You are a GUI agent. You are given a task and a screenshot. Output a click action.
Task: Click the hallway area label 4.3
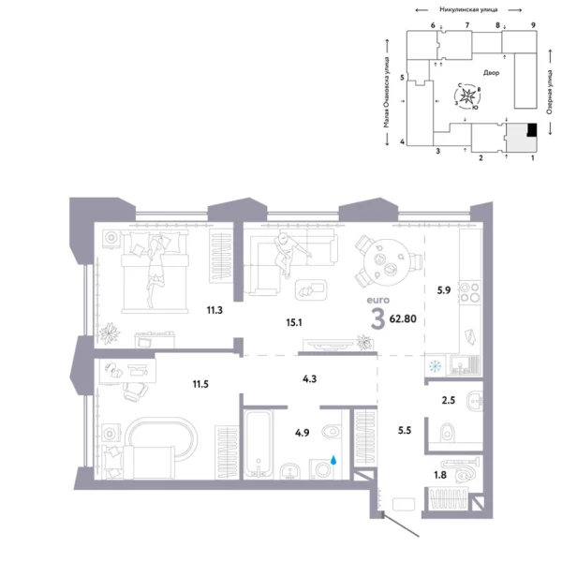click(x=309, y=380)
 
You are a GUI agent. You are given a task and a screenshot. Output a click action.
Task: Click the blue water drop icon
click(x=335, y=461)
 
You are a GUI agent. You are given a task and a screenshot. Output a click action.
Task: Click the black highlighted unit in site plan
click(x=531, y=131)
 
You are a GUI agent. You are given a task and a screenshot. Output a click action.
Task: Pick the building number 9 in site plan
click(x=532, y=23)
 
